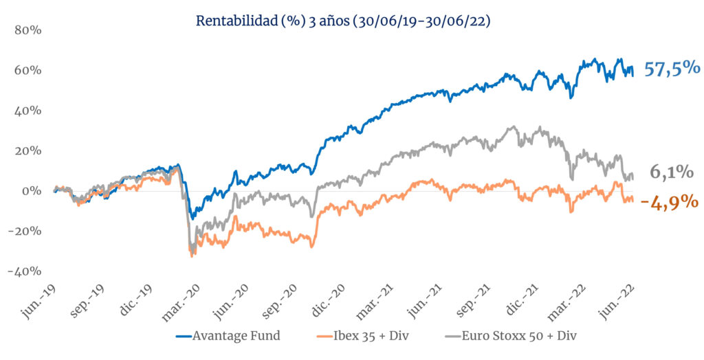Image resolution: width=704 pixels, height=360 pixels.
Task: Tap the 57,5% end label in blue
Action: [672, 68]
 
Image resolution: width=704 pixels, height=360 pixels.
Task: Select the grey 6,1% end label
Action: [672, 172]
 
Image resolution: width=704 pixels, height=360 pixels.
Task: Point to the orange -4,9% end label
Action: [670, 203]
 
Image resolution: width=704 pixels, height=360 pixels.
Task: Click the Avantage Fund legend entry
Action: [228, 335]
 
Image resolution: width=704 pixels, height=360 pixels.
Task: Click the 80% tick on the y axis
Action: [28, 30]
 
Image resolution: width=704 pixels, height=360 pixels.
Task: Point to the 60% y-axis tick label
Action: [28, 71]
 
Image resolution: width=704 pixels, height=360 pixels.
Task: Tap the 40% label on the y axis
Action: [28, 111]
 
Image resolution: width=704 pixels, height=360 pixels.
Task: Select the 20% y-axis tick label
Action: [28, 151]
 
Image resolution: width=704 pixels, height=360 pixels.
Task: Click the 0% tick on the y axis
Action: [32, 191]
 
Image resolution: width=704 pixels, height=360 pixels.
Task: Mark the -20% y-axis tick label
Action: [25, 231]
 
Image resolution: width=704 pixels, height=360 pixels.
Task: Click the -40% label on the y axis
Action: [25, 271]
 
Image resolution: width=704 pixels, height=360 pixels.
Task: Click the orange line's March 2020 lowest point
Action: [192, 257]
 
